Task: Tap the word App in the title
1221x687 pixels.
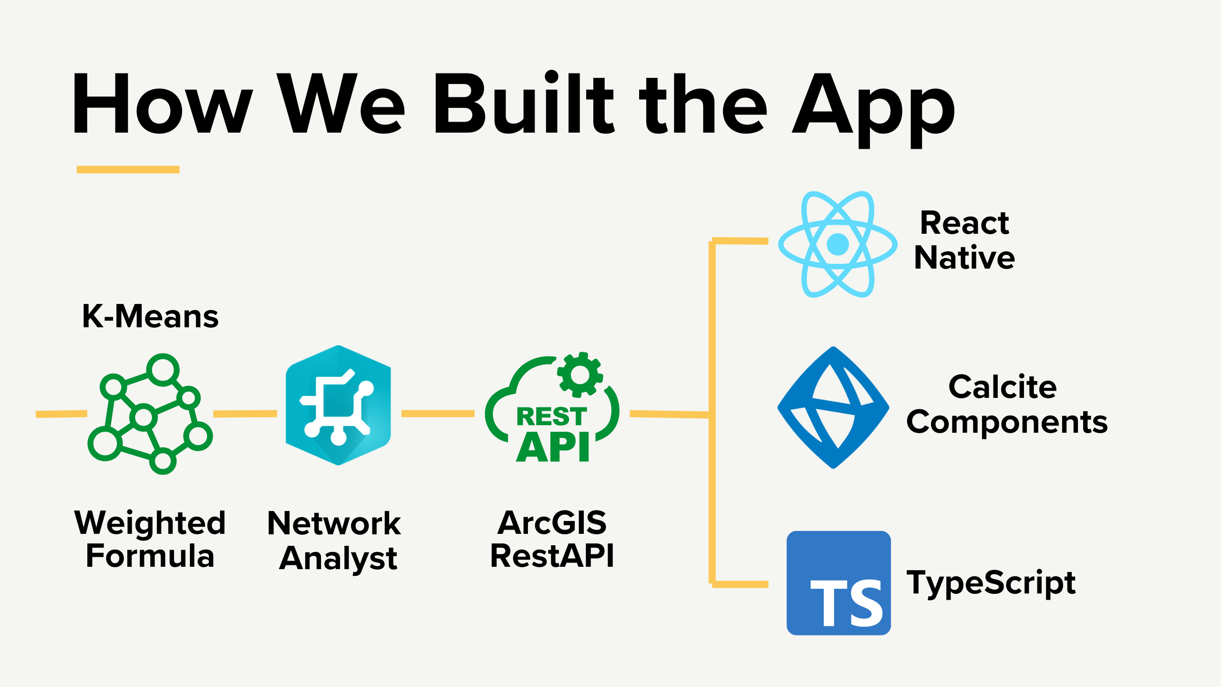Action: point(874,110)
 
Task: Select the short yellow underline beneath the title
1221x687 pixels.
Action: point(128,169)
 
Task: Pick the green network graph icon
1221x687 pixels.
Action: point(150,414)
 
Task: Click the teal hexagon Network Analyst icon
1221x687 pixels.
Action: point(338,405)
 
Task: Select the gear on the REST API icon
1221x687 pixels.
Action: point(580,375)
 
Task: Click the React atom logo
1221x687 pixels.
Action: point(838,244)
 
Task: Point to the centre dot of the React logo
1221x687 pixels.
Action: point(838,244)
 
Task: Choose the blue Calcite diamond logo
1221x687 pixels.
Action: point(833,407)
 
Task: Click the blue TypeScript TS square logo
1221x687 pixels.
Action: point(838,583)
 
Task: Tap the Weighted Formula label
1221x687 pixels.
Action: point(150,539)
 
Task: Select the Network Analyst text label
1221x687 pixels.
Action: point(334,541)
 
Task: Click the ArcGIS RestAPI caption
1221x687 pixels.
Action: point(552,539)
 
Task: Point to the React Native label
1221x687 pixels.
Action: point(964,240)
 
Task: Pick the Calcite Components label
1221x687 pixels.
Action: point(1007,404)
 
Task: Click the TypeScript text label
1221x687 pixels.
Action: point(991,583)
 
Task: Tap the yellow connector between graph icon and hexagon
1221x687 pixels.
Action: point(245,414)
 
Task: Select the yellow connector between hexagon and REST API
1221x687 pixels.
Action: point(438,414)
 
